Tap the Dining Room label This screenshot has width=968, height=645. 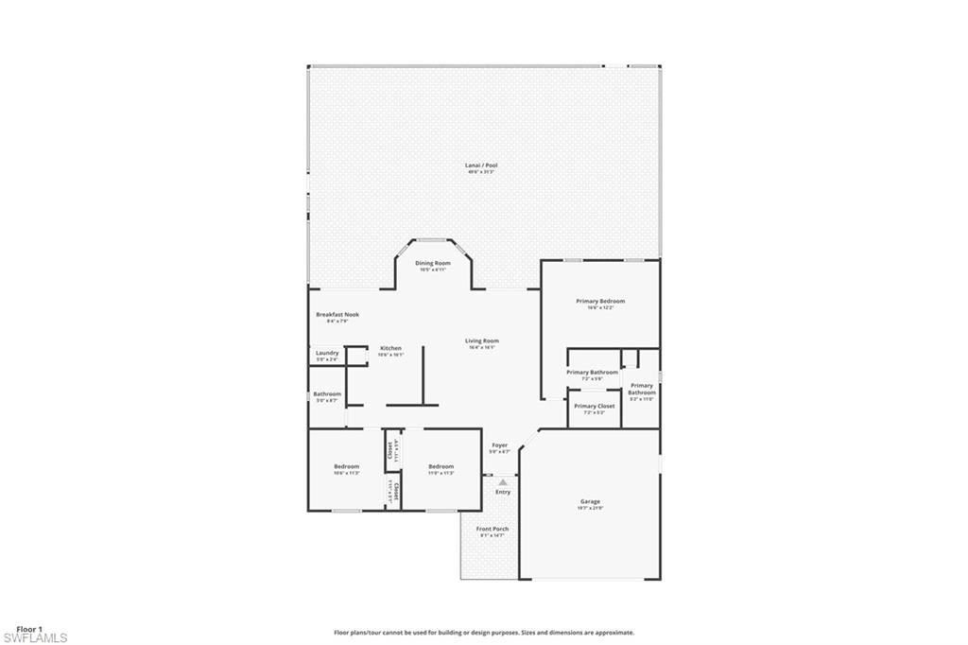(x=433, y=263)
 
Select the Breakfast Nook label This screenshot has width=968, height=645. (x=337, y=314)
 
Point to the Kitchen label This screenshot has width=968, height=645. (x=390, y=348)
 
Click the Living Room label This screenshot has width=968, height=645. (x=481, y=340)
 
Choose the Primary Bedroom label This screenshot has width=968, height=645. (x=600, y=302)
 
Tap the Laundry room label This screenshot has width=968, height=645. (x=326, y=353)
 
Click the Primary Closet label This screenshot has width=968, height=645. (x=594, y=406)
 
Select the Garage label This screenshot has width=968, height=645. (x=590, y=501)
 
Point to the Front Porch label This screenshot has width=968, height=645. (x=493, y=529)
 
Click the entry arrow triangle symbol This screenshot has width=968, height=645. (x=503, y=482)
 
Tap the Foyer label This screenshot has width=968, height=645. (x=499, y=445)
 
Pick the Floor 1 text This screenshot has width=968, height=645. (x=28, y=629)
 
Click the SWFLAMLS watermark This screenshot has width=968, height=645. (x=34, y=638)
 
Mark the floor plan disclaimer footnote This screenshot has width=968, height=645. (x=483, y=633)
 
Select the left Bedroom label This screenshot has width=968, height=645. (x=346, y=466)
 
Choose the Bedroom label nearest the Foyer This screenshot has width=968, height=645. (x=441, y=466)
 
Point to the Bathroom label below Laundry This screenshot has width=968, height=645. (x=327, y=394)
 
